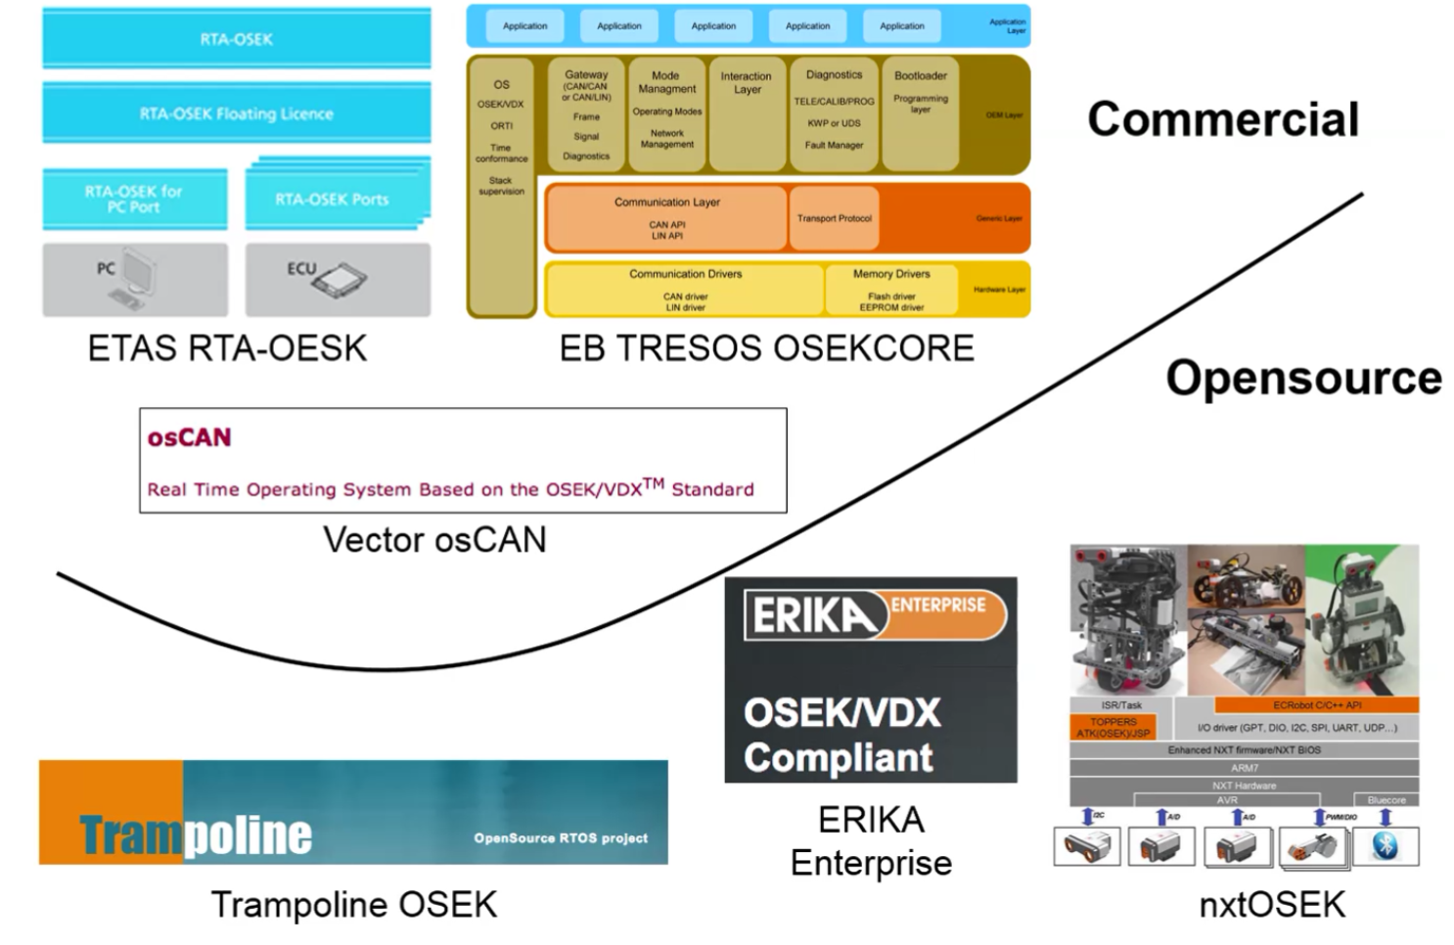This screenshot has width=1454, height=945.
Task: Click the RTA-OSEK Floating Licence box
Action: (x=236, y=113)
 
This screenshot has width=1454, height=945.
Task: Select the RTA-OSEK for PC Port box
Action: (x=134, y=199)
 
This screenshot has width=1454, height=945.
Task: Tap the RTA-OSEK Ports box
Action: (x=333, y=200)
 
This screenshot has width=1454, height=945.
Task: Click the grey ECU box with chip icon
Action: (x=337, y=279)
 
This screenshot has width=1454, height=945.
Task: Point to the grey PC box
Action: (x=134, y=279)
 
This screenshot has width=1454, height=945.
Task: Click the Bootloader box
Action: (x=920, y=112)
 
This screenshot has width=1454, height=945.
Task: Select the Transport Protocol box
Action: (x=834, y=218)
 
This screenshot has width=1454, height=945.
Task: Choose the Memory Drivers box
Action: (x=890, y=289)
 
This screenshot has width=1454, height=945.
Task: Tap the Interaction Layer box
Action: (x=746, y=112)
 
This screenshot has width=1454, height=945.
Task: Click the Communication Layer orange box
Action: (x=666, y=217)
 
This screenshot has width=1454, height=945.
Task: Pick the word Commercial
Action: (x=1223, y=119)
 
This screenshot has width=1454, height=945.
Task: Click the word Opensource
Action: (x=1303, y=378)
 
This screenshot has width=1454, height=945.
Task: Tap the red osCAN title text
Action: (x=190, y=437)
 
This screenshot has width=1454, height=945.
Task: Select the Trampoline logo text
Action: (x=196, y=834)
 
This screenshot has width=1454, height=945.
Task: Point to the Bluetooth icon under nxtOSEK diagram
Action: (x=1385, y=846)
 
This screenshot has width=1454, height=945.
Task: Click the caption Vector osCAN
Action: (x=434, y=540)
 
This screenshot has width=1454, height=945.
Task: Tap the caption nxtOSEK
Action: (x=1272, y=904)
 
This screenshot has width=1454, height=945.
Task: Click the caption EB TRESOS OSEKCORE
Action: (x=766, y=348)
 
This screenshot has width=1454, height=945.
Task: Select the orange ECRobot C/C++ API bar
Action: (x=1316, y=704)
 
